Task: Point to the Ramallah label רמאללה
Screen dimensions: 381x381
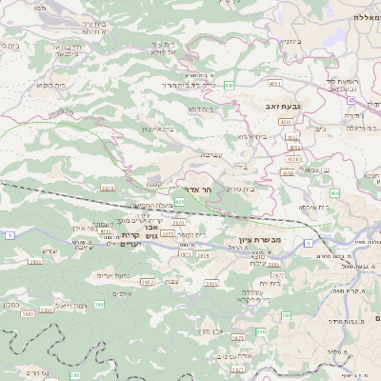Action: pyautogui.click(x=367, y=17)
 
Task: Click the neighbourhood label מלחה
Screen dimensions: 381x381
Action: pyautogui.click(x=333, y=351)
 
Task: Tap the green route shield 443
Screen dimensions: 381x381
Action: pyautogui.click(x=230, y=87)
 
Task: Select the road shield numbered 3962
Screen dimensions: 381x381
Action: pyautogui.click(x=148, y=282)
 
